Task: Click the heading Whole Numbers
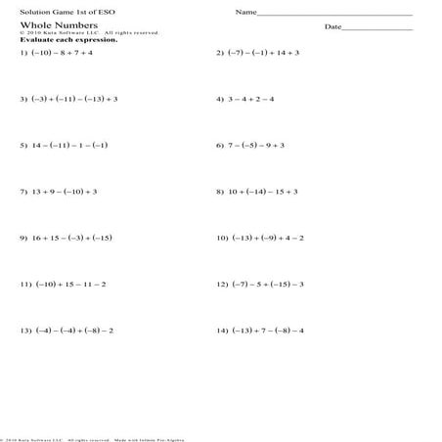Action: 47,25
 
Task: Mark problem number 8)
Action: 221,192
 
